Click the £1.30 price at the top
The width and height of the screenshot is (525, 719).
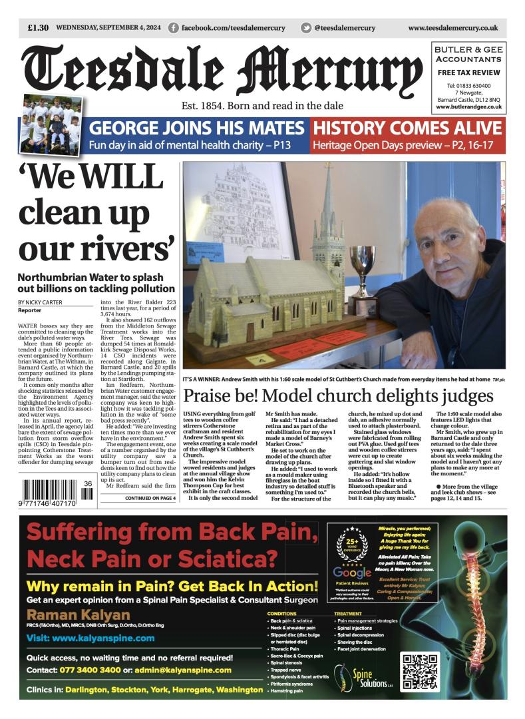pyautogui.click(x=38, y=28)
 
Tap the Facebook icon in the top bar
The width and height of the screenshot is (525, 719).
pyautogui.click(x=174, y=28)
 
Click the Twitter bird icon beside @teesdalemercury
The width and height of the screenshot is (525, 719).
pyautogui.click(x=306, y=28)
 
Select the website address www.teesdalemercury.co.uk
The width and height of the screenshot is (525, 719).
pyautogui.click(x=452, y=28)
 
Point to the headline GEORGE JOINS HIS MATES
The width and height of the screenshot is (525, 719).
pyautogui.click(x=197, y=128)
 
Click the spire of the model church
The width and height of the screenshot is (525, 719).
pyautogui.click(x=329, y=213)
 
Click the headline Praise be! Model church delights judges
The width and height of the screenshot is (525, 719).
pyautogui.click(x=338, y=396)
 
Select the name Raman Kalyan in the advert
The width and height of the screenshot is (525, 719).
pyautogui.click(x=69, y=614)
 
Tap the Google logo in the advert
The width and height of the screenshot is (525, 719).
pyautogui.click(x=352, y=573)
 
